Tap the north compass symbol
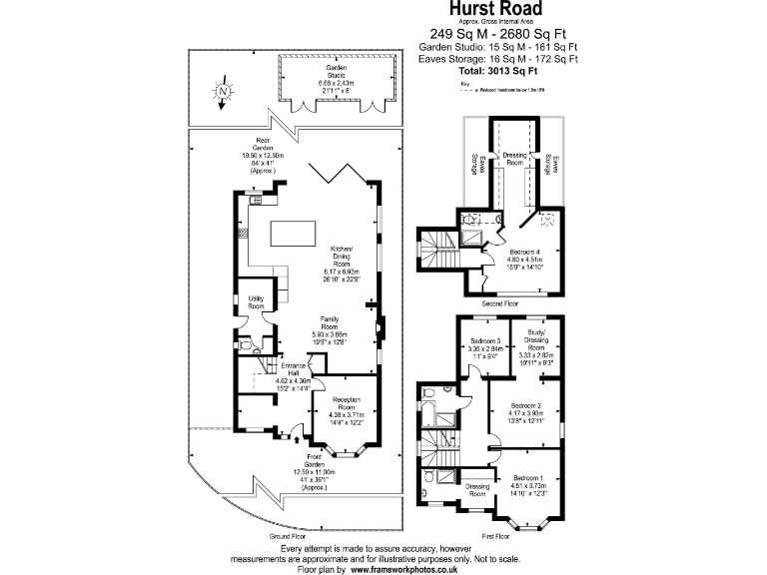[224, 92]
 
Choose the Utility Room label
[256, 302]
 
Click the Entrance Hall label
[293, 368]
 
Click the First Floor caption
[495, 536]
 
